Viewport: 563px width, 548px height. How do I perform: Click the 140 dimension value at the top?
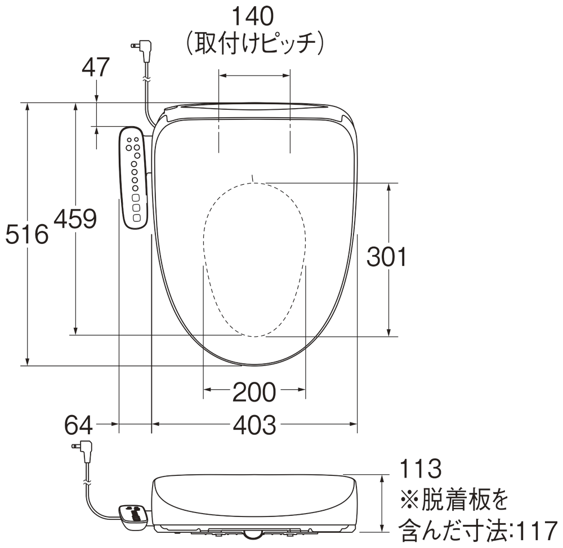point(254,17)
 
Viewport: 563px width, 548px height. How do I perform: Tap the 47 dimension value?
point(96,68)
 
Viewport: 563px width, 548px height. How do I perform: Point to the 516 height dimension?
point(26,234)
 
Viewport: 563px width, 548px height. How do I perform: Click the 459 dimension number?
point(75,219)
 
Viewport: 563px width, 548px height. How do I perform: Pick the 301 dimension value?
point(387,257)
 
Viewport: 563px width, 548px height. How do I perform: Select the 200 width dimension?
point(254,392)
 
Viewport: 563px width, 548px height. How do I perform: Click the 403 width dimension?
point(254,425)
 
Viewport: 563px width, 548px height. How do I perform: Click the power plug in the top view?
point(142,49)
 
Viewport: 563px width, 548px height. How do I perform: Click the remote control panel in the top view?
point(134,177)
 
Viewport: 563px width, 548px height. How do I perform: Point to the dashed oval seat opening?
point(254,259)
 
